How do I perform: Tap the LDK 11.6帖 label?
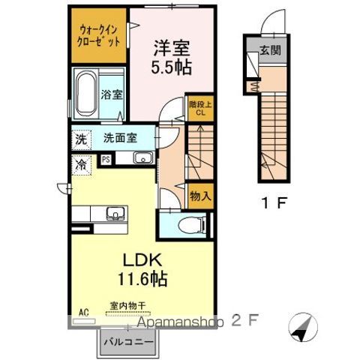[x=140, y=268]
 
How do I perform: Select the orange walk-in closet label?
[x=99, y=36]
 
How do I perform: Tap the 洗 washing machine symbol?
[x=80, y=139]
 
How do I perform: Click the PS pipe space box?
[x=106, y=159]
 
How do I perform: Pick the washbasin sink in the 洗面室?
[x=142, y=158]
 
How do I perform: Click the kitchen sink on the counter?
[x=115, y=214]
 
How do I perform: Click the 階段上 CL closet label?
[x=199, y=109]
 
